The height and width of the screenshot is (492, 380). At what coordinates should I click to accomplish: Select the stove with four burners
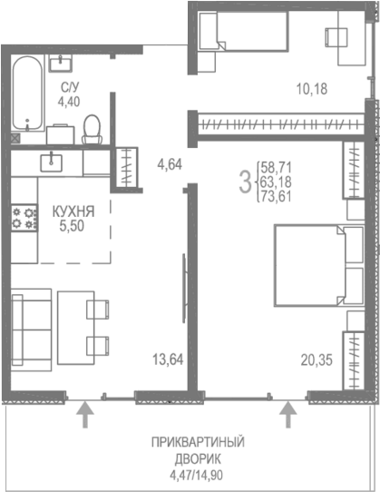(24, 218)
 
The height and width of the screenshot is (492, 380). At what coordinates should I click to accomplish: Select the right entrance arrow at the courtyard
(289, 415)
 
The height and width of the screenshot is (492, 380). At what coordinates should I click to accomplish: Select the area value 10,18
(311, 88)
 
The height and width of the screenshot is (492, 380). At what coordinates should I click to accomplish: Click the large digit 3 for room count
(244, 181)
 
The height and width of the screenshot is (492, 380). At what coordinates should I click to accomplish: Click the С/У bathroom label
(69, 87)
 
